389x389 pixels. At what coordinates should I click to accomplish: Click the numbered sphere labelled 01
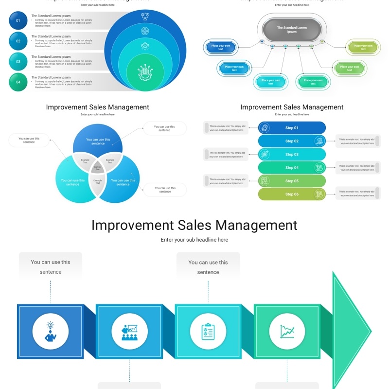point(18,20)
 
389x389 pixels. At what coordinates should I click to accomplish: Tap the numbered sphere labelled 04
point(18,82)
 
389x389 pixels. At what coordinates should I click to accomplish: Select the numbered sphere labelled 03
point(18,62)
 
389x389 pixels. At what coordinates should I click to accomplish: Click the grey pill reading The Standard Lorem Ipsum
point(292,30)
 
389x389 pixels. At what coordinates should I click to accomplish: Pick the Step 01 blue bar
point(292,128)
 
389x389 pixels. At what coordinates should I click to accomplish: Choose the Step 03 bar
point(292,155)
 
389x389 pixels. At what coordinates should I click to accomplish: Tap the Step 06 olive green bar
point(292,194)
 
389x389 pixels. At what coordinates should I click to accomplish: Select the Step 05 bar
point(292,181)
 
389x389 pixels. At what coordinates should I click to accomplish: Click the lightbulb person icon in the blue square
point(51,331)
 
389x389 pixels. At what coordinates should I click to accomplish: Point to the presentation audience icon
point(129,331)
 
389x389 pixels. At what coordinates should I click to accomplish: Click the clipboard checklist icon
point(208,331)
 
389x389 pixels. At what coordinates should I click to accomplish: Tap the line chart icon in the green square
point(287,331)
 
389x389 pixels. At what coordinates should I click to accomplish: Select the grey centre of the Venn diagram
point(97,168)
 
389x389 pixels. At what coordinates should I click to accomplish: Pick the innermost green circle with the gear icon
point(145,73)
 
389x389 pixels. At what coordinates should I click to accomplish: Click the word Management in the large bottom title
point(257,226)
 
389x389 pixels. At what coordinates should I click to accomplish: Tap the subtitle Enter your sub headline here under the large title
point(194,240)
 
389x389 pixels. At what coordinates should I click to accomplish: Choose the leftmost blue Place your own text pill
point(221,47)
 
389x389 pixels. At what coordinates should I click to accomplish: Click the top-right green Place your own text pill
point(363,47)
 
